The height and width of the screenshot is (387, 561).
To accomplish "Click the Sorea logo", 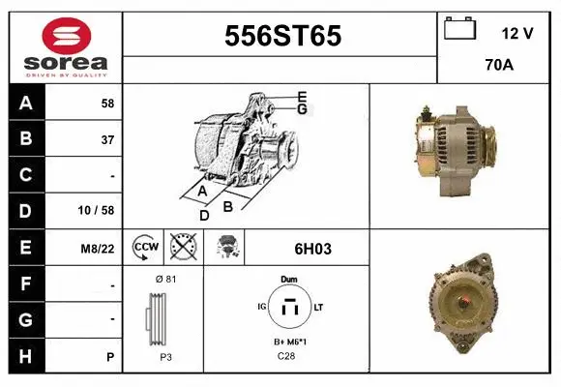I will click(x=65, y=47).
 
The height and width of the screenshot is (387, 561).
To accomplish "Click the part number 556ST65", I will click(x=282, y=36).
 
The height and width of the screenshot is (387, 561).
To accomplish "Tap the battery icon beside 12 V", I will click(x=459, y=29).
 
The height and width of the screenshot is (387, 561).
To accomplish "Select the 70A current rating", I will click(x=498, y=66).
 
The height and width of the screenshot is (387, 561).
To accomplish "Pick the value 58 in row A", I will click(x=107, y=104).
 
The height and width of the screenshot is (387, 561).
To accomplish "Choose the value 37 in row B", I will click(x=107, y=139).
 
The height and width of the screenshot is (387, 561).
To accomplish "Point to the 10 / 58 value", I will click(x=98, y=210).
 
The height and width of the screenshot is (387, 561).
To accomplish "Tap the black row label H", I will click(x=26, y=356).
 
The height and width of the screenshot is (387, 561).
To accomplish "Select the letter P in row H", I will click(x=110, y=357).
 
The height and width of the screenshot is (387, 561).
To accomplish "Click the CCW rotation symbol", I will click(x=145, y=248).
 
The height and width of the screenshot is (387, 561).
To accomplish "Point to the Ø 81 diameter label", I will click(x=165, y=280).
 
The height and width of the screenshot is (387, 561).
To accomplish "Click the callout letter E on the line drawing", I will click(x=302, y=96).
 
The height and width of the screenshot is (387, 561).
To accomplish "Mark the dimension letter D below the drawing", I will click(x=203, y=215).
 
